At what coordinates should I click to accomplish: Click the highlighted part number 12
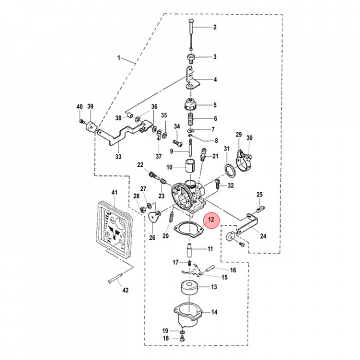[x=211, y=219]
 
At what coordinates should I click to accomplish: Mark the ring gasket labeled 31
[x=229, y=170]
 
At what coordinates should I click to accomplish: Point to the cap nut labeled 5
[x=190, y=105]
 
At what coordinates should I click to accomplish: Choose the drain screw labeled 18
[x=182, y=339]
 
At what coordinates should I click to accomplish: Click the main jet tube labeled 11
[x=189, y=248]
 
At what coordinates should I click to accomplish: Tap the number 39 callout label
[x=90, y=106]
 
